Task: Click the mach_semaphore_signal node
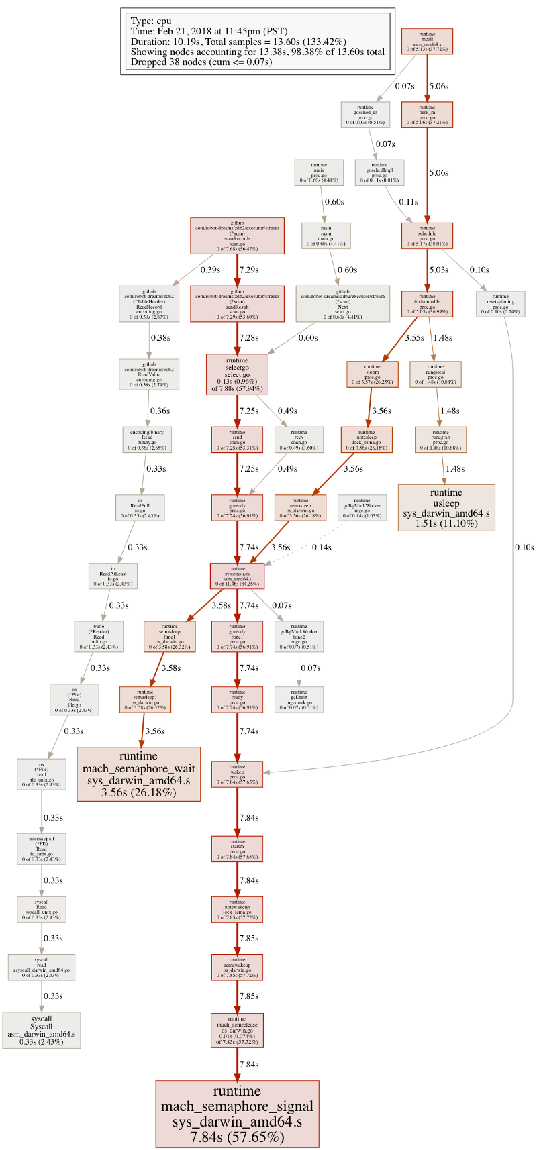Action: (x=237, y=1113)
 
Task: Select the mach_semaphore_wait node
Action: (x=138, y=774)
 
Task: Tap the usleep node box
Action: (x=446, y=507)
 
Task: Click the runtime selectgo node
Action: (x=237, y=374)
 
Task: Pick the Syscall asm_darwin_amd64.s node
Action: (x=42, y=1030)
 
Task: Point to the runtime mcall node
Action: (x=427, y=42)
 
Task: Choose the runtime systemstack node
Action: (x=237, y=576)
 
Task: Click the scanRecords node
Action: (x=237, y=236)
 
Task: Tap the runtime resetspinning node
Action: (x=501, y=304)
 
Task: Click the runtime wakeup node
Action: (x=237, y=774)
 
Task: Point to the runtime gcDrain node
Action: (x=299, y=700)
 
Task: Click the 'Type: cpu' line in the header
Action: (x=151, y=21)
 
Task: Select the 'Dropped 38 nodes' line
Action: (x=201, y=62)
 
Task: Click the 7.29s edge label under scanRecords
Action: (x=249, y=270)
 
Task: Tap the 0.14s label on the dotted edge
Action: (x=322, y=547)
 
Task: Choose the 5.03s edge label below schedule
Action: (x=439, y=270)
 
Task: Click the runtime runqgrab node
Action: (x=440, y=439)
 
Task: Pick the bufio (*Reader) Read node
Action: (x=99, y=637)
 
